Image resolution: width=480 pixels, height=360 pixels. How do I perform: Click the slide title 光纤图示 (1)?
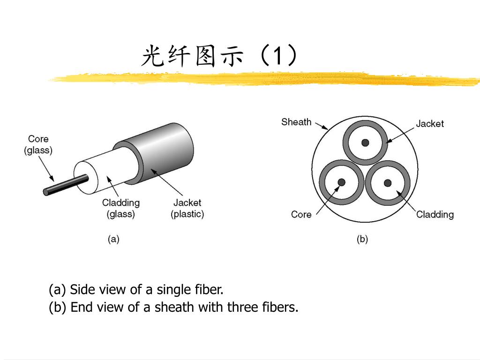[x=219, y=57]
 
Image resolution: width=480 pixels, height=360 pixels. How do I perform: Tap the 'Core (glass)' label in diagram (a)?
[x=38, y=144]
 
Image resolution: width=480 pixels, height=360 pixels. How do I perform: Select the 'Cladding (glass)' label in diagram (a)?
[x=121, y=208]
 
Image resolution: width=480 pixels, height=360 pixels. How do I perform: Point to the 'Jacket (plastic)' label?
[x=187, y=208]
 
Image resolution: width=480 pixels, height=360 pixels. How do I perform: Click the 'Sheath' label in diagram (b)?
[x=296, y=122]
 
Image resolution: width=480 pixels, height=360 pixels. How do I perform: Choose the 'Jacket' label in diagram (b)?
[x=429, y=123]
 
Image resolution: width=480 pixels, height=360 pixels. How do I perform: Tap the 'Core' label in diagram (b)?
[x=301, y=214]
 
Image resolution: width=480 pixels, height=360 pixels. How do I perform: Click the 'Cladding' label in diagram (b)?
[x=435, y=214]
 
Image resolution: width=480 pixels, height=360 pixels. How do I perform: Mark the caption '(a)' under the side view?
[x=113, y=239]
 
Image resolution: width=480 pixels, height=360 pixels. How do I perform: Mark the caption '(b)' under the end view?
[x=362, y=239]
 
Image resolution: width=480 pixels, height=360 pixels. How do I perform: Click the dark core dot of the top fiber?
[x=365, y=142]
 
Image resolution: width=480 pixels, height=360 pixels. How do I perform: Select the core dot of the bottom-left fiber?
[x=342, y=182]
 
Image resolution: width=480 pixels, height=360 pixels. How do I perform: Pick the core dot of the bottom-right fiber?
[x=388, y=183]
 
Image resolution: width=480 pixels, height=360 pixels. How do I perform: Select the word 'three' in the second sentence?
[x=242, y=307]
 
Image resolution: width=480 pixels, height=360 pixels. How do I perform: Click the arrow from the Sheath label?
[x=321, y=126]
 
